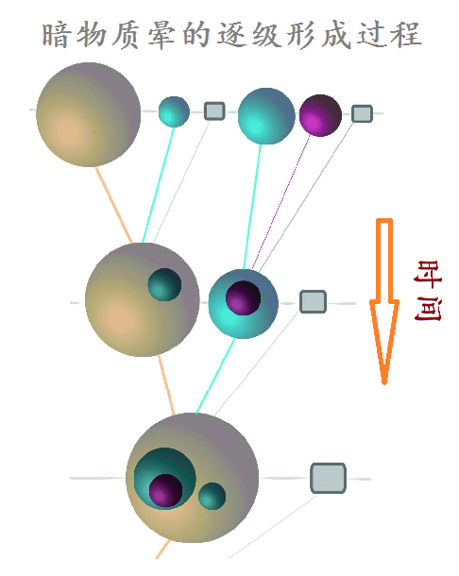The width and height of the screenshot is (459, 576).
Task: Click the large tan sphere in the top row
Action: pyautogui.click(x=88, y=114)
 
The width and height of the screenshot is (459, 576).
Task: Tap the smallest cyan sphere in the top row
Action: pyautogui.click(x=174, y=111)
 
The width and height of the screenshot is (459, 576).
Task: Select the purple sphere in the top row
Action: pyautogui.click(x=320, y=115)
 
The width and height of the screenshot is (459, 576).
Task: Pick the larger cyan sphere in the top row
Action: pyautogui.click(x=266, y=116)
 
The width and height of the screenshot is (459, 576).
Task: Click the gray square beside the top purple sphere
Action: pyautogui.click(x=362, y=113)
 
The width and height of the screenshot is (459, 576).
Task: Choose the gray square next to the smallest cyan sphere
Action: pyautogui.click(x=214, y=110)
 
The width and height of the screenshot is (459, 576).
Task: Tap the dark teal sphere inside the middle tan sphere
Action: pyautogui.click(x=164, y=284)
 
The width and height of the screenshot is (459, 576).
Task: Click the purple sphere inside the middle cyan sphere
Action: pyautogui.click(x=243, y=298)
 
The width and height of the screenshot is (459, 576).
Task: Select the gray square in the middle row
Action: pyautogui.click(x=314, y=301)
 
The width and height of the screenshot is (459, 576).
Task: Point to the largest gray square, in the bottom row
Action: pyautogui.click(x=328, y=478)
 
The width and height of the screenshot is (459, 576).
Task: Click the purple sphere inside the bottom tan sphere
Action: pyautogui.click(x=165, y=491)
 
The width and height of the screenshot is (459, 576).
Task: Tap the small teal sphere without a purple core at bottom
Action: pyautogui.click(x=212, y=496)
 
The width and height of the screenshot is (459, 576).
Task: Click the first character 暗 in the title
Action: pyautogui.click(x=56, y=35)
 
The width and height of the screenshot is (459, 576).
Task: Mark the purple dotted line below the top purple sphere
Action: pyautogui.click(x=280, y=202)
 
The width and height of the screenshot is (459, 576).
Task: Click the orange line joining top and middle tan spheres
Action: pyautogui.click(x=114, y=205)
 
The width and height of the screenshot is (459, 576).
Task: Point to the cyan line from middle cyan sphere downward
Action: pyautogui.click(x=215, y=376)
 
